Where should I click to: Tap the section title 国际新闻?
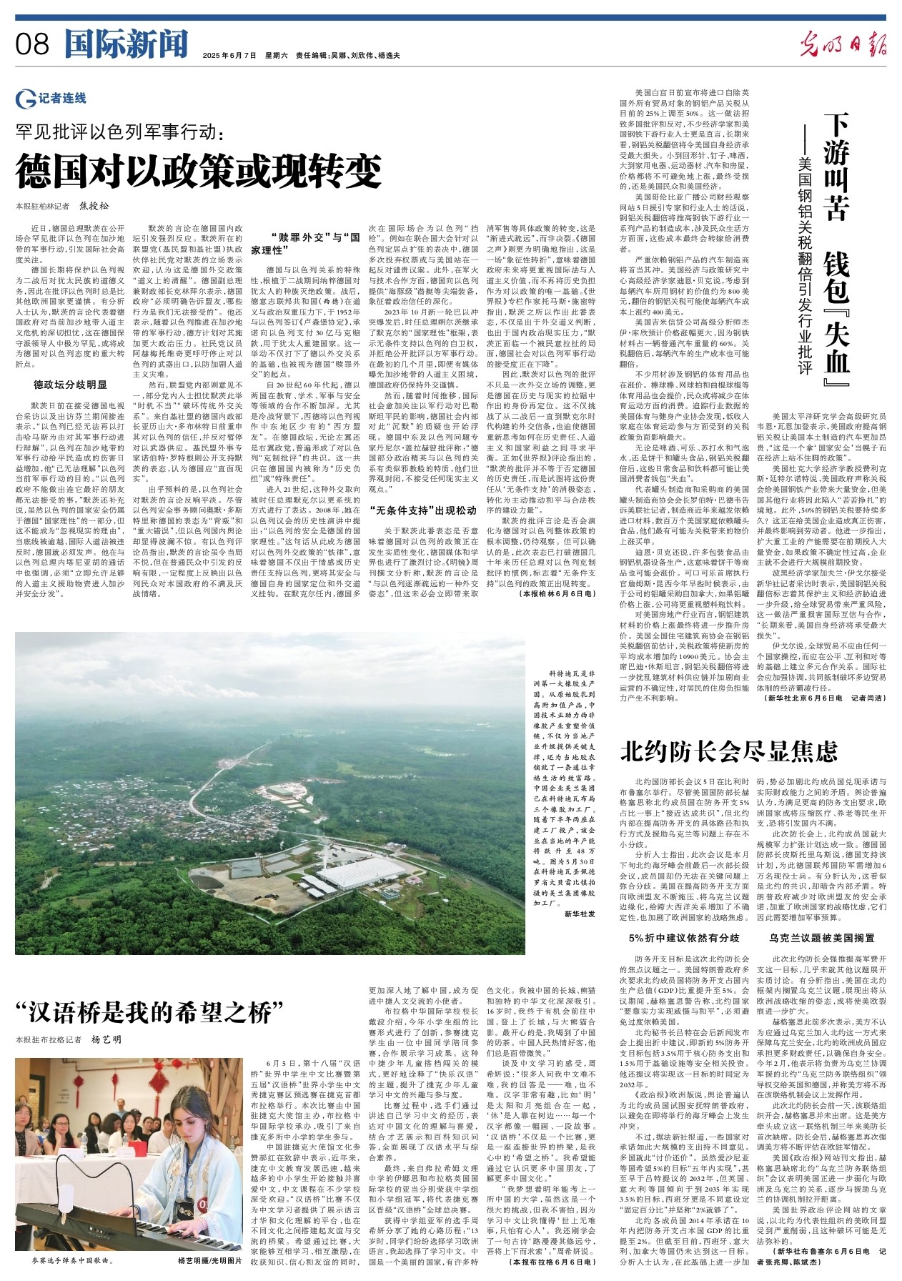point(126,44)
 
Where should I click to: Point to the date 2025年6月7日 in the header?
point(229,55)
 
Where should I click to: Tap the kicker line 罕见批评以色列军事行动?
point(122,132)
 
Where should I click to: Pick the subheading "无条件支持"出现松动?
point(423,510)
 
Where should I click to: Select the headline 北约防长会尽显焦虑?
point(729,751)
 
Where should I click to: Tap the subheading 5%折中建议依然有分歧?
point(684,938)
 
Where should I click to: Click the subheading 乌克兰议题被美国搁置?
point(822,938)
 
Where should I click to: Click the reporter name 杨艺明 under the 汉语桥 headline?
point(107,1039)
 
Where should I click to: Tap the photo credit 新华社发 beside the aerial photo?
point(579,914)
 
